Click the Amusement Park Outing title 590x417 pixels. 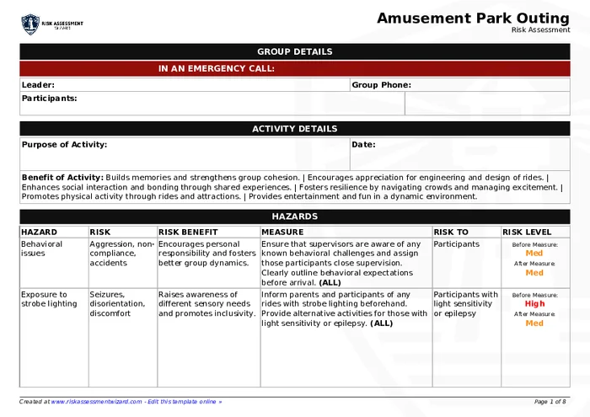(x=473, y=19)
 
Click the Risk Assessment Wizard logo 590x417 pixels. (x=52, y=24)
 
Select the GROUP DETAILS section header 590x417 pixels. (x=294, y=51)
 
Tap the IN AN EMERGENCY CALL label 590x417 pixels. (x=217, y=69)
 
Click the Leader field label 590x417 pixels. (x=38, y=85)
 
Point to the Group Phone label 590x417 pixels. (x=381, y=85)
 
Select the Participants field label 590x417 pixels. (x=49, y=99)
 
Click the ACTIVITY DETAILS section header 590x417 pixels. (x=294, y=129)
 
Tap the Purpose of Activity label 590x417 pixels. (x=64, y=145)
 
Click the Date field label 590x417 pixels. (x=363, y=145)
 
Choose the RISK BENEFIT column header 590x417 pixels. (x=188, y=232)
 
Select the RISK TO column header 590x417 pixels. (x=451, y=232)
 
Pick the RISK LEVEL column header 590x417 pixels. (x=527, y=232)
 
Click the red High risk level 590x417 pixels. (x=534, y=304)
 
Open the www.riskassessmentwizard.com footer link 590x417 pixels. (x=95, y=402)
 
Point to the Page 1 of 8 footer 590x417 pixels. (x=550, y=402)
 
